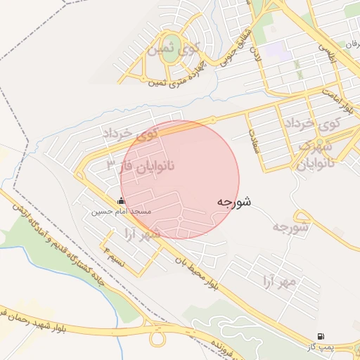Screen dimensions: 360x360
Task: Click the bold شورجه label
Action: pos(234,202)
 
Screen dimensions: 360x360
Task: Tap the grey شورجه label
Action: pos(290,227)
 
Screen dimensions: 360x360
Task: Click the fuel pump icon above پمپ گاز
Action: pos(321,336)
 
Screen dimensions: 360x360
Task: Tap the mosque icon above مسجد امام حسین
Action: pos(122,201)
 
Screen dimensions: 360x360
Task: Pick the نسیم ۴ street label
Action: pos(114,256)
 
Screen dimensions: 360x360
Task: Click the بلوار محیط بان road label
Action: pos(198,275)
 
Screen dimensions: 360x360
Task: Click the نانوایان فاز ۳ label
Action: pos(140,166)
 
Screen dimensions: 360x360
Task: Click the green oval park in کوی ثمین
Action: pos(172,42)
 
